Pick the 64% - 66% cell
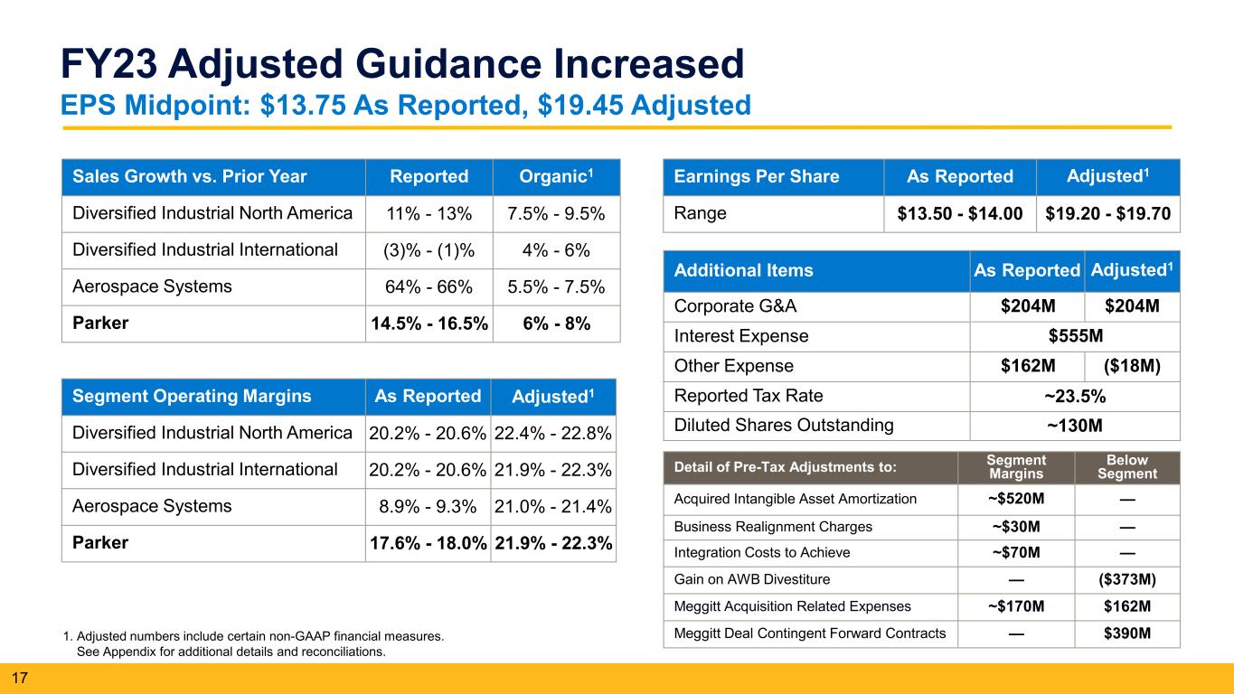429,286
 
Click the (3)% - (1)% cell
429,249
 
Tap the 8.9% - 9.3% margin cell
428,507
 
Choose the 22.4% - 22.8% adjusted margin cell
552,433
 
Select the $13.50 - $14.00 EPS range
959,213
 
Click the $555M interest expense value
1075,336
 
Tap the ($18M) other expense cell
1132,366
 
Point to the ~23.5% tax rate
1075,396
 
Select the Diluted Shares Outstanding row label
784,426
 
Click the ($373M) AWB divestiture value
1126,579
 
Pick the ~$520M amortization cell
1015,499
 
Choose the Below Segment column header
1126,467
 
